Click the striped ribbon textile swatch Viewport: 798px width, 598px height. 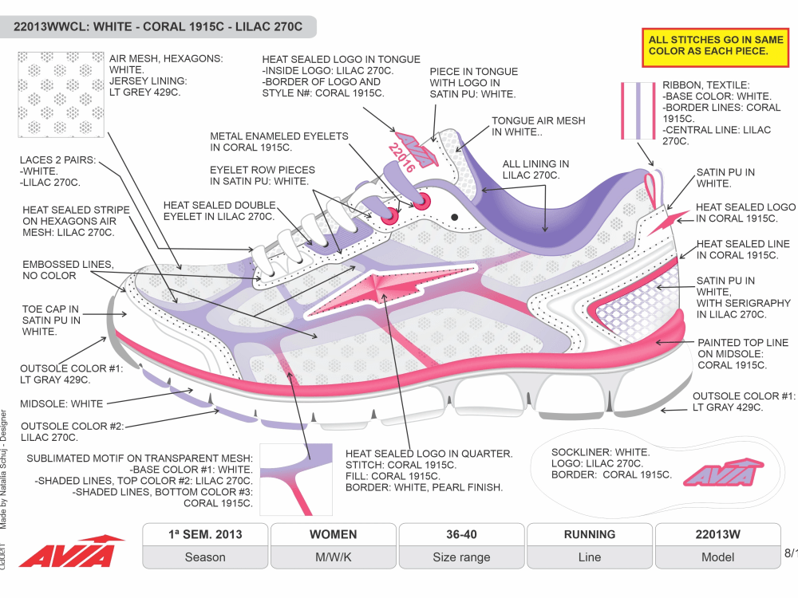(x=638, y=111)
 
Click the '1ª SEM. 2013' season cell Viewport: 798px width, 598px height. (x=205, y=534)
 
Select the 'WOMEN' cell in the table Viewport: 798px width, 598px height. (x=333, y=534)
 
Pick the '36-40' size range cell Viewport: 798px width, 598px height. (x=461, y=534)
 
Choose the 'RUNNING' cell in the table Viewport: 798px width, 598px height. (x=589, y=534)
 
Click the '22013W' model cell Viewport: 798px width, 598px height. (x=717, y=534)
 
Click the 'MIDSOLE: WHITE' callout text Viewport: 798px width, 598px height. (x=61, y=404)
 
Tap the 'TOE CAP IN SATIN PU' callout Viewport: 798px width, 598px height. (x=51, y=321)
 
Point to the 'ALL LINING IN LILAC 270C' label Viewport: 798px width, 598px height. (x=535, y=170)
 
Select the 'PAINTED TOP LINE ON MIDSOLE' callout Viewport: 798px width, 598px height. (x=742, y=354)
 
